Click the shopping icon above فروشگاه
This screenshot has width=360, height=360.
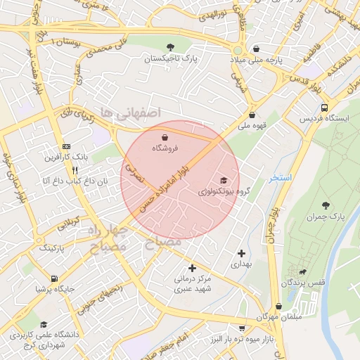click(165, 136)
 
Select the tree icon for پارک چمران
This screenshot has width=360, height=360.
click(326, 205)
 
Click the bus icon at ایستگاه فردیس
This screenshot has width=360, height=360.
click(324, 108)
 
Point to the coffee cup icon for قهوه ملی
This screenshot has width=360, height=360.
click(252, 115)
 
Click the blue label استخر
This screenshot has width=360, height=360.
click(280, 178)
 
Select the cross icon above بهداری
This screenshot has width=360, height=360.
click(242, 253)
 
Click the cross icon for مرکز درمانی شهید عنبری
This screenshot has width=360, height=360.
click(192, 268)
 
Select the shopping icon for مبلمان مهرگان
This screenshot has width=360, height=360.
click(279, 307)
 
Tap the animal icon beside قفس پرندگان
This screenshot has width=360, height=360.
click(303, 271)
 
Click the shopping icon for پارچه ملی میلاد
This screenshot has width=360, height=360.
click(257, 49)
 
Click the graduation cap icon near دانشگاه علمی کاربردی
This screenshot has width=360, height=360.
click(44, 325)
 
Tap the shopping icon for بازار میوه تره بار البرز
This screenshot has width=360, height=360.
click(242, 328)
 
